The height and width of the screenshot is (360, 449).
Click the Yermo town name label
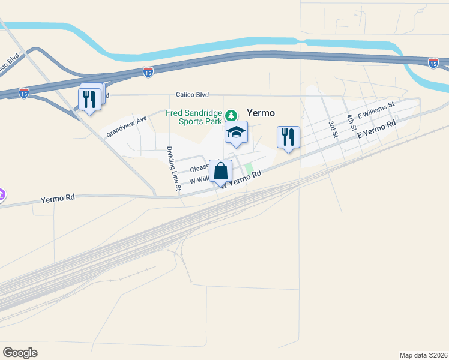pyautogui.click(x=261, y=113)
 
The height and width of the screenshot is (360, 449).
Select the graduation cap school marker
pyautogui.click(x=237, y=132)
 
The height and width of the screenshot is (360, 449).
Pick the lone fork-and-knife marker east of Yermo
pyautogui.click(x=288, y=137)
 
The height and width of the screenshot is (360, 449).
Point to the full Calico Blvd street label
pyautogui.click(x=192, y=94)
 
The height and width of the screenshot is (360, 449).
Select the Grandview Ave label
pyautogui.click(x=127, y=127)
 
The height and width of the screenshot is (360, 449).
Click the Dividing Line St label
pyautogui.click(x=173, y=169)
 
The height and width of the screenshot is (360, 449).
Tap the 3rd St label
pyautogui.click(x=332, y=128)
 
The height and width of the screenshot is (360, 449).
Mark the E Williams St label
pyautogui.click(x=375, y=109)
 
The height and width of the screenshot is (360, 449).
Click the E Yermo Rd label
pyautogui.click(x=377, y=130)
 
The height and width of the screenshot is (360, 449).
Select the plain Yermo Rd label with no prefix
pyautogui.click(x=58, y=199)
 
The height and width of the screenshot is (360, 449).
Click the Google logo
pyautogui.click(x=20, y=353)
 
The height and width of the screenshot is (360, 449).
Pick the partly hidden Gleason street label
pyautogui.click(x=198, y=169)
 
